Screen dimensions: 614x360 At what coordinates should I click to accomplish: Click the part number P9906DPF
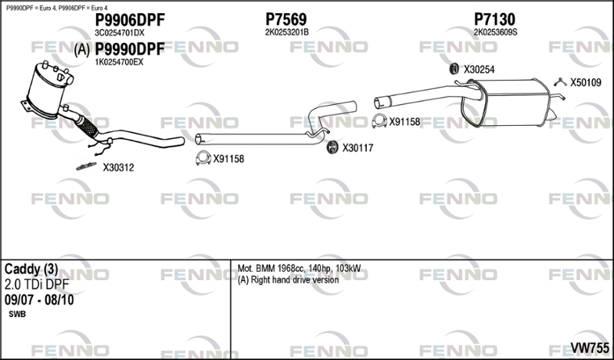(x=130, y=19)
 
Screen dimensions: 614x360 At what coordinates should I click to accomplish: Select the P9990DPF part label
(x=130, y=49)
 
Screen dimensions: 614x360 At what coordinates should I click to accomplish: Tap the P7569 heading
(x=286, y=19)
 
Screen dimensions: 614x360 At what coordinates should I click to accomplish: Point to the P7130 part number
(x=494, y=19)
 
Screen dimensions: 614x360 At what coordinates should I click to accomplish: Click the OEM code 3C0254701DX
(x=120, y=33)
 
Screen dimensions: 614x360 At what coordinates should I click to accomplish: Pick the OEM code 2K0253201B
(x=286, y=32)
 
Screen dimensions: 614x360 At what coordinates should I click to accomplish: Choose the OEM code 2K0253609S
(x=495, y=32)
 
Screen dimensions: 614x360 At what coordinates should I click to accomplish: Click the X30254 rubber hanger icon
(x=454, y=69)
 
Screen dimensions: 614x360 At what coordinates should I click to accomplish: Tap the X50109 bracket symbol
(x=561, y=82)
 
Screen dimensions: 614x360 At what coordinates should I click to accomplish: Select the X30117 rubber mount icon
(x=332, y=147)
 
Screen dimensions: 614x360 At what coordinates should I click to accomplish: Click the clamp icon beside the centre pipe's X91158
(x=203, y=158)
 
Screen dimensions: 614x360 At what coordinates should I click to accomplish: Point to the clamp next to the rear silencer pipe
(x=379, y=121)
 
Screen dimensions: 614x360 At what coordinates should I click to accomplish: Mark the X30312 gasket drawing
(x=86, y=167)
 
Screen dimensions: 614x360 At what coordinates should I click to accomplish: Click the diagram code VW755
(x=589, y=348)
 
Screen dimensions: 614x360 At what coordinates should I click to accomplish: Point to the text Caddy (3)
(x=31, y=269)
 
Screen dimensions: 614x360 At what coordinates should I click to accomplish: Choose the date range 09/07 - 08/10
(x=39, y=300)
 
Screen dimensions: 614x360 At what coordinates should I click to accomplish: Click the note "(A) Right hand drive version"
(x=289, y=279)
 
